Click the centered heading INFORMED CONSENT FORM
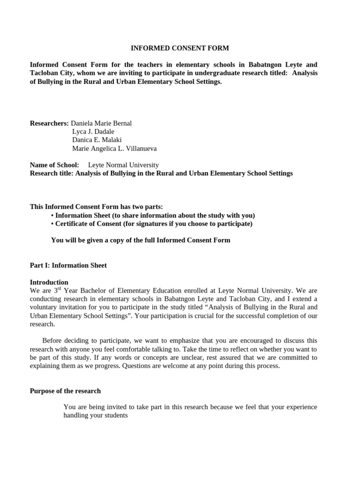pyautogui.click(x=180, y=48)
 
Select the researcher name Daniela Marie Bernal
pyautogui.click(x=101, y=123)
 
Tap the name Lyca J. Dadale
pyautogui.click(x=93, y=132)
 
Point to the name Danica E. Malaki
pyautogui.click(x=97, y=140)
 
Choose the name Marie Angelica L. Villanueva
pyautogui.click(x=114, y=149)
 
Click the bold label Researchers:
pyautogui.click(x=49, y=123)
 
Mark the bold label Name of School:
pyautogui.click(x=54, y=165)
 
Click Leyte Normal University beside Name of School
pyautogui.click(x=123, y=165)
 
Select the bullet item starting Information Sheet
pyautogui.click(x=155, y=215)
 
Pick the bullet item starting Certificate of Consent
pyautogui.click(x=153, y=224)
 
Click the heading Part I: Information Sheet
pyautogui.click(x=68, y=265)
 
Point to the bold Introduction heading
pyautogui.click(x=49, y=282)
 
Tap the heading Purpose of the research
pyautogui.click(x=65, y=391)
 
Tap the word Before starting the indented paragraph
pyautogui.click(x=54, y=341)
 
